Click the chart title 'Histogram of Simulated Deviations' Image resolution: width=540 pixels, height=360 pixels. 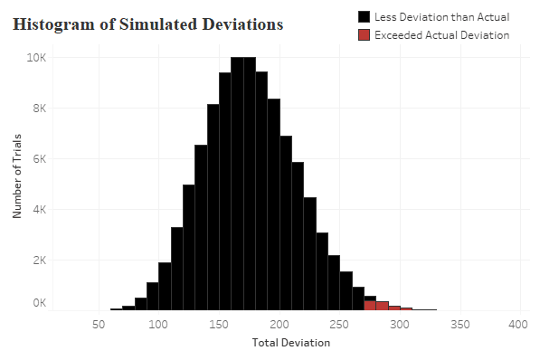point(148,24)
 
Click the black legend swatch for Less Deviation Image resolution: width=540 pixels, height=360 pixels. point(365,17)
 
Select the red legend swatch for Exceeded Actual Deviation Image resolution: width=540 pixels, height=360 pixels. point(365,35)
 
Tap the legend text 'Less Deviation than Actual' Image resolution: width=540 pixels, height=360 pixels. point(441,17)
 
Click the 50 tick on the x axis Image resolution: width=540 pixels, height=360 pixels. point(102,323)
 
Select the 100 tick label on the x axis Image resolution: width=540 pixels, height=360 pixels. point(158,323)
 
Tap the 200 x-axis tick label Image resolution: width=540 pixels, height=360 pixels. point(279,323)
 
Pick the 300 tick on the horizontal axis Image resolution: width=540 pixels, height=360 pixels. point(399,323)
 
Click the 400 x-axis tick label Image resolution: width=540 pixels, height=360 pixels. point(518,323)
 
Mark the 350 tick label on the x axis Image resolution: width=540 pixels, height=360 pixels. point(459,323)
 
